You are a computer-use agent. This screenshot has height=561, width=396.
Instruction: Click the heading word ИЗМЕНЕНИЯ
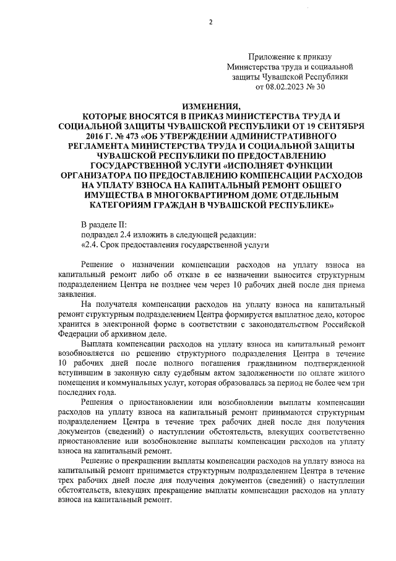(211, 106)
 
